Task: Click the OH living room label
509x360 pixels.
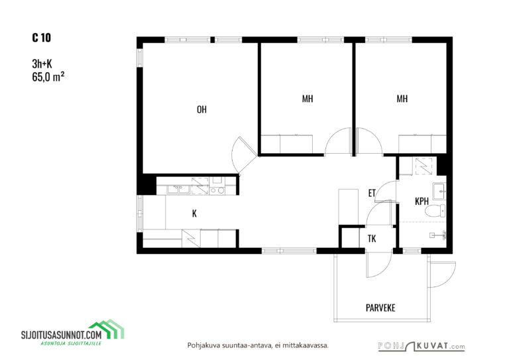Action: point(201,109)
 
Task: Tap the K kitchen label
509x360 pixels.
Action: point(194,213)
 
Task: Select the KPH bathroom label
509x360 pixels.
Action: point(422,202)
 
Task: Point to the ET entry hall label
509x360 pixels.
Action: point(372,193)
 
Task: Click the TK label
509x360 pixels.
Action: point(372,239)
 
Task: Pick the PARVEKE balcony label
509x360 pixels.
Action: point(380,308)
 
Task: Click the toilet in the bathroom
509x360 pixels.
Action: point(435,211)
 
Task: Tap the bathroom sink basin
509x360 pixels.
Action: point(439,191)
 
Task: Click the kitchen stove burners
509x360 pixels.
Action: point(217,190)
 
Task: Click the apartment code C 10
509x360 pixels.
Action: point(42,38)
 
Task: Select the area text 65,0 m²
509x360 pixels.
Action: point(48,77)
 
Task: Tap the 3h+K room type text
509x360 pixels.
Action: point(42,64)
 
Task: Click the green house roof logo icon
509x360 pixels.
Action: point(107,329)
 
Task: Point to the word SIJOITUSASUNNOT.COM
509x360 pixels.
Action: point(62,335)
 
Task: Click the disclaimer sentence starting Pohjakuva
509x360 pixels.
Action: point(258,345)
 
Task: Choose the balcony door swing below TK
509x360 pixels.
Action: point(379,265)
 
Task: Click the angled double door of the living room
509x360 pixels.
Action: point(244,155)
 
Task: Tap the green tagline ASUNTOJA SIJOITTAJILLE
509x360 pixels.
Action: point(71,343)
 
